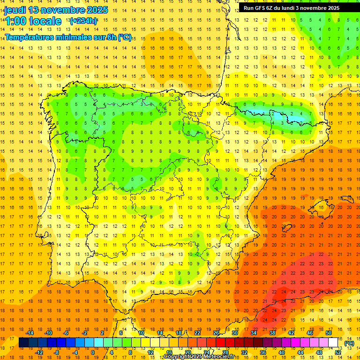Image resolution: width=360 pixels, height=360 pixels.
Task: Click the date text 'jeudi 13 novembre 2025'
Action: point(56,10)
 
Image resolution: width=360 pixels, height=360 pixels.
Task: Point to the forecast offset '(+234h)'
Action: point(83,21)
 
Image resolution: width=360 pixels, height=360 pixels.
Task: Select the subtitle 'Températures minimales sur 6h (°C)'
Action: point(68,37)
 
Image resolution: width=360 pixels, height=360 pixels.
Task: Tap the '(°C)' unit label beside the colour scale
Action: point(349,344)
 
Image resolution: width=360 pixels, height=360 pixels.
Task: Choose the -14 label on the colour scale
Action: point(30,333)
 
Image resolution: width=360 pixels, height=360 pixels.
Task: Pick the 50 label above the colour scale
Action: point(328,333)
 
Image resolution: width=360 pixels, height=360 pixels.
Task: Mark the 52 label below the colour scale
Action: point(337,352)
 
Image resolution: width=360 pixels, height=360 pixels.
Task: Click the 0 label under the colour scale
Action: point(93,352)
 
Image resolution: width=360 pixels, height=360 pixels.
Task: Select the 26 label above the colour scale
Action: point(216,333)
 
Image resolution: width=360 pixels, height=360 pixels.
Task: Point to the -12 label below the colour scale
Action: point(39,352)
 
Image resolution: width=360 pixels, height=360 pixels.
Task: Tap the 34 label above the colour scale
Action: point(254,333)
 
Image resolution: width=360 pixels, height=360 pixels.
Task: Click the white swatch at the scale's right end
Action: point(333,343)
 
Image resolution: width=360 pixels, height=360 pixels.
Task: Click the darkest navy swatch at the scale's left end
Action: point(23,343)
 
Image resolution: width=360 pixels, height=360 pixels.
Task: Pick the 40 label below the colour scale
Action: point(281,352)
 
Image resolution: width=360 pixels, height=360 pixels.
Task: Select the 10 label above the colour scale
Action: point(141,333)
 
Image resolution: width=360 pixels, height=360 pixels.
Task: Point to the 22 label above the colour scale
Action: point(197,333)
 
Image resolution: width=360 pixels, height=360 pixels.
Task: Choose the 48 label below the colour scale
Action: point(319,352)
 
